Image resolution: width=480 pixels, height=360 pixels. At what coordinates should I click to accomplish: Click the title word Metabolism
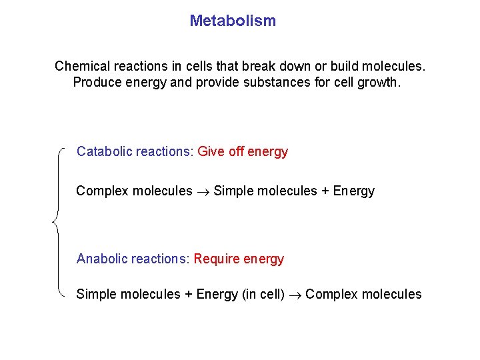click(232, 21)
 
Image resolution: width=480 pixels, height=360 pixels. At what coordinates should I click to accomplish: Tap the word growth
click(381, 83)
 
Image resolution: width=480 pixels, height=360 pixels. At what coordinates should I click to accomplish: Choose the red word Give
click(211, 151)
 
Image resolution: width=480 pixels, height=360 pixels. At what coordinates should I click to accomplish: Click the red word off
click(236, 151)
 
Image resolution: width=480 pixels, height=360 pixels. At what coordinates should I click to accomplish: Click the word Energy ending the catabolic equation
click(353, 191)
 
